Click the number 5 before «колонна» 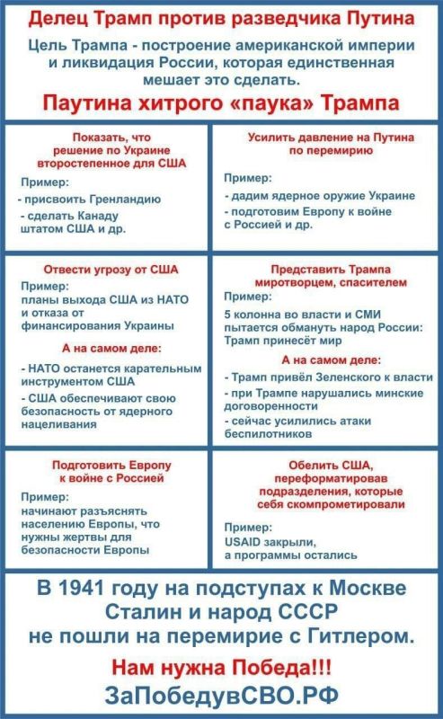[228, 315]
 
